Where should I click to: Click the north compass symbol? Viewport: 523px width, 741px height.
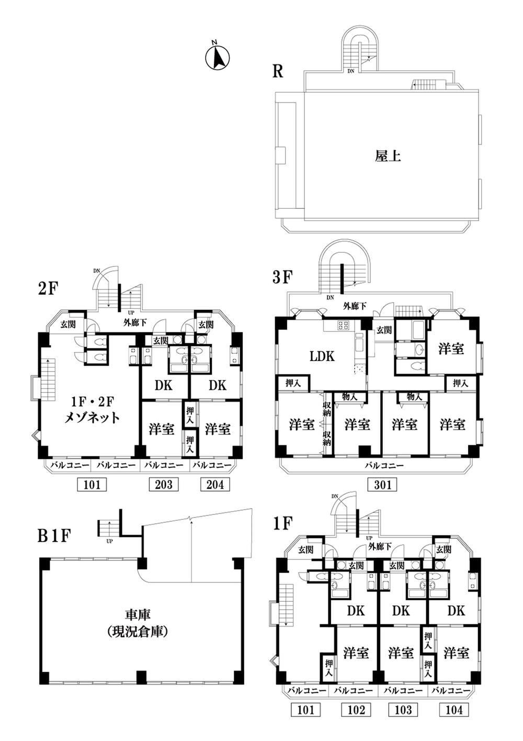[x=217, y=57]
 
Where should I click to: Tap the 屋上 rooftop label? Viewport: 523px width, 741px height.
[x=388, y=156]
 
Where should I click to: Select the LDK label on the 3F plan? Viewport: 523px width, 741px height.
[x=322, y=356]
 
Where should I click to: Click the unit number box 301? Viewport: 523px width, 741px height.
[x=382, y=485]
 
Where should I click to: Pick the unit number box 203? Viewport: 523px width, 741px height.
[x=164, y=485]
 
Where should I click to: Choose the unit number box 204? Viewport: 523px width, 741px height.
[x=215, y=485]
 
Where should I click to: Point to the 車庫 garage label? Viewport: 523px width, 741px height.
[x=138, y=615]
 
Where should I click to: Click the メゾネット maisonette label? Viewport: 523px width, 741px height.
[x=92, y=418]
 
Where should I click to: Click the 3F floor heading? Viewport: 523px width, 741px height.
[x=281, y=278]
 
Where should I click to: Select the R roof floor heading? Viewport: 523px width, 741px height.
[x=278, y=71]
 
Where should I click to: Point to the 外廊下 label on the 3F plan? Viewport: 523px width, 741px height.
[x=355, y=306]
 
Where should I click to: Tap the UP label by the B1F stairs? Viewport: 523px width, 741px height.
[x=109, y=542]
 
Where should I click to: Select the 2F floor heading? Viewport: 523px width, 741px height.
[x=49, y=289]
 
